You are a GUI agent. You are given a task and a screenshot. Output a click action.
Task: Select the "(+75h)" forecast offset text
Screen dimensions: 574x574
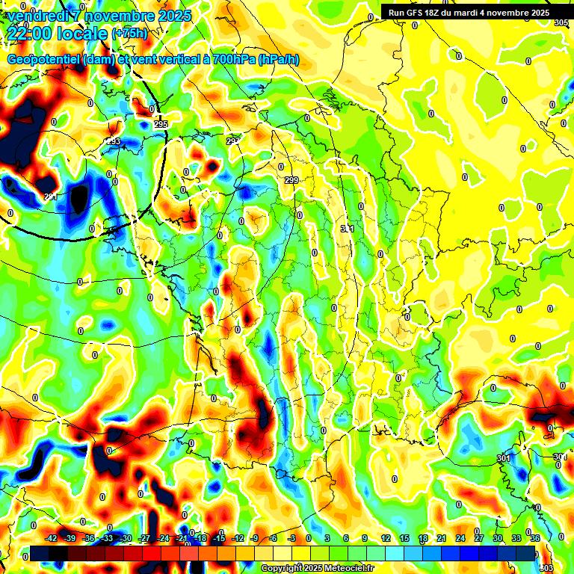(x=129, y=34)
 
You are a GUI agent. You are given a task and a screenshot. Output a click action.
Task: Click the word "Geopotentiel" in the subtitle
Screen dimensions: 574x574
(x=44, y=59)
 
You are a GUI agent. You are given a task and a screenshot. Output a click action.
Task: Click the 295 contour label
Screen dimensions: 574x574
(x=161, y=124)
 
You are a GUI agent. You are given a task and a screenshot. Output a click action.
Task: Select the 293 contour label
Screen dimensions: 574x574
(x=114, y=141)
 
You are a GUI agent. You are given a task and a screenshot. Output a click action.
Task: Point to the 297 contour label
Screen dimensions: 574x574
(x=233, y=141)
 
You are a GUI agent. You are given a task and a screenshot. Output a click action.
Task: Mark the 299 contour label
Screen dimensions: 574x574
(x=291, y=180)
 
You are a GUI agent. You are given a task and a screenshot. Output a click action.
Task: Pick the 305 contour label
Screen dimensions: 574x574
(x=561, y=23)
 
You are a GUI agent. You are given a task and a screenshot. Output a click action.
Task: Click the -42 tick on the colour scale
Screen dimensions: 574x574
(x=52, y=538)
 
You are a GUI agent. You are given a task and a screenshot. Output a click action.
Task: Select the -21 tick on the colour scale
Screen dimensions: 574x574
(x=182, y=538)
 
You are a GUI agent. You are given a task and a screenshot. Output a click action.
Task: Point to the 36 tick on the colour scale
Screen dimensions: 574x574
(x=534, y=538)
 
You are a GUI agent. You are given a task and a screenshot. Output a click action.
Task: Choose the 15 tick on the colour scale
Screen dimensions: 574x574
(x=404, y=538)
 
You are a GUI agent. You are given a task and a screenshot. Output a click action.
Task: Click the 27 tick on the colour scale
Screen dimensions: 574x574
(x=478, y=538)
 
